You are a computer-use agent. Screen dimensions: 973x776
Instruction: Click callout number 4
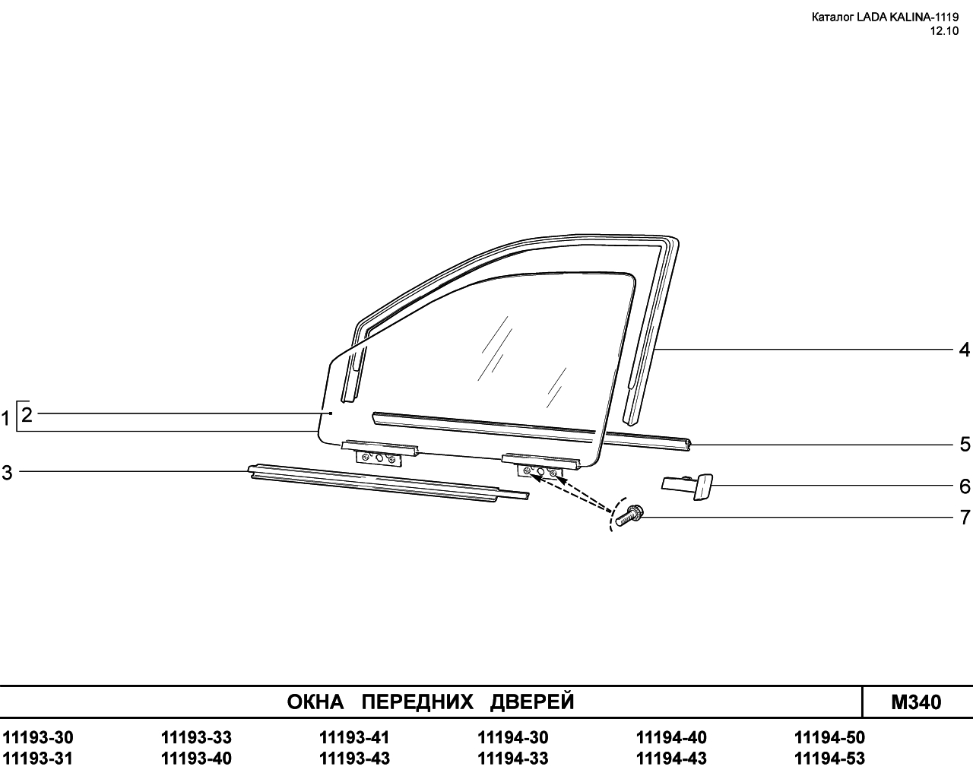click(x=965, y=350)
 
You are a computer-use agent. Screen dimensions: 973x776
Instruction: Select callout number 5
click(x=965, y=445)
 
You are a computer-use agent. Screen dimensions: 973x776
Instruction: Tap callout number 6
click(x=965, y=486)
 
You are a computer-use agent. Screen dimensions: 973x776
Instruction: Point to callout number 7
click(x=965, y=517)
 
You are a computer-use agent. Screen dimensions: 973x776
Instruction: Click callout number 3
click(x=8, y=473)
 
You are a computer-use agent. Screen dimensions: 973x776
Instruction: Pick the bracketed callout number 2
click(x=27, y=415)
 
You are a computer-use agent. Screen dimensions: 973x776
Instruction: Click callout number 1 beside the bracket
click(x=5, y=419)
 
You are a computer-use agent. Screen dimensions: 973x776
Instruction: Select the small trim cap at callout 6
click(x=688, y=486)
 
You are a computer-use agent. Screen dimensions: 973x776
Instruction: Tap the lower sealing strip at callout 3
click(x=388, y=483)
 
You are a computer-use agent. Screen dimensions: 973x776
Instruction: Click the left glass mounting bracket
click(x=379, y=454)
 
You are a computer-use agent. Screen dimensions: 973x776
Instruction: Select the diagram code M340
click(x=916, y=702)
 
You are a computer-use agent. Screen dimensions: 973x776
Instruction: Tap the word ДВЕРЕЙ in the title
click(x=532, y=702)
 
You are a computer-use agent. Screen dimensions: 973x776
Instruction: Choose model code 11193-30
click(x=38, y=737)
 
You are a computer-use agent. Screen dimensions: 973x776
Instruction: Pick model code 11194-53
click(x=829, y=759)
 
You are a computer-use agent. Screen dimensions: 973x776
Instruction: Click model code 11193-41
click(x=354, y=737)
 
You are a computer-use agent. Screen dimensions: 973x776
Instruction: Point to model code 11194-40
click(x=671, y=737)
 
